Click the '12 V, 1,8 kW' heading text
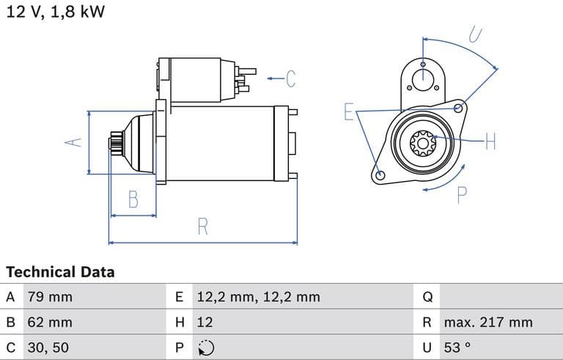(56, 13)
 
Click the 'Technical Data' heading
(60, 272)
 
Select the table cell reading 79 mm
(50, 297)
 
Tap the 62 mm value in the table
(50, 322)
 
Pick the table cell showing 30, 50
(48, 347)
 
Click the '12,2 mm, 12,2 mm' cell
(258, 297)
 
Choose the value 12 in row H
(205, 322)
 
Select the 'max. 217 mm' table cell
(487, 322)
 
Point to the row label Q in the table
(428, 297)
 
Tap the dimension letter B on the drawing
(133, 199)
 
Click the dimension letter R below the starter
(203, 227)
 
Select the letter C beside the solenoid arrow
(291, 78)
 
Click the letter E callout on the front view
(350, 112)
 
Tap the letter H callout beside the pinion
(490, 142)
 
